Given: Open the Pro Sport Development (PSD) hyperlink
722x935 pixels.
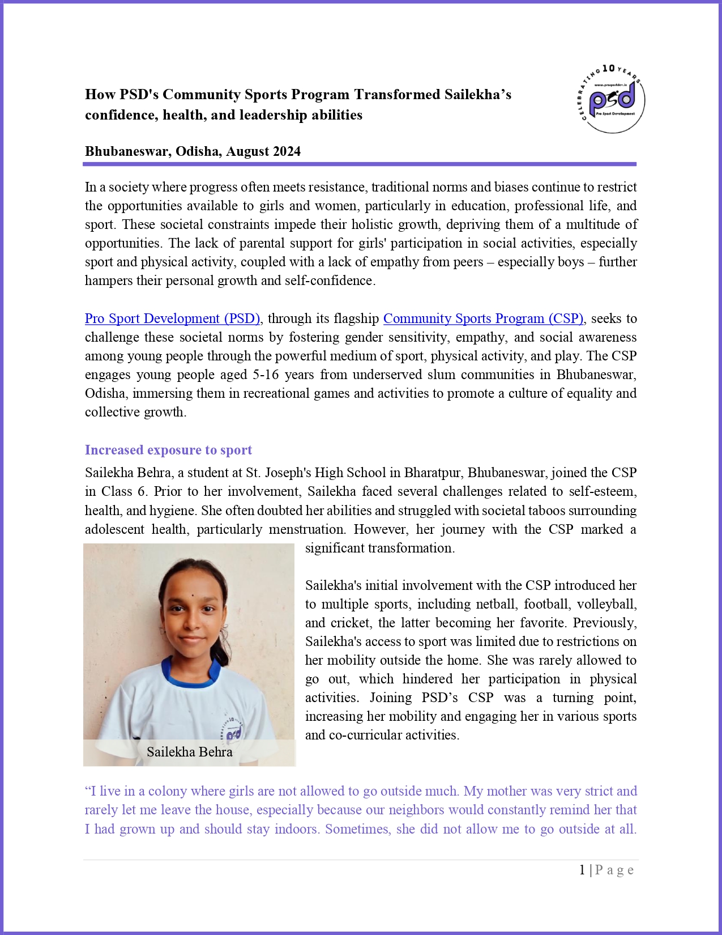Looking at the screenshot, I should click(x=172, y=318).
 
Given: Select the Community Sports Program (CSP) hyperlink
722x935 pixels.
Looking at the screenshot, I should click(x=483, y=318).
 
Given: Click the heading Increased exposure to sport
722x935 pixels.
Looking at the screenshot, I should click(x=168, y=450).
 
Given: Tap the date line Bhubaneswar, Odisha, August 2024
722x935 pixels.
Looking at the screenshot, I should click(x=193, y=151).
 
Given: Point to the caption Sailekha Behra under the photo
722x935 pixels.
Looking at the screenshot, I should click(x=189, y=752).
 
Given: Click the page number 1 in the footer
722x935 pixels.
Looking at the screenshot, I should click(x=582, y=870).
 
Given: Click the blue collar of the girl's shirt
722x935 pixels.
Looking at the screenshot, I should click(x=191, y=674).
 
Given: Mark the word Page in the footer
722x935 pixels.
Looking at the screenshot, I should click(x=614, y=870).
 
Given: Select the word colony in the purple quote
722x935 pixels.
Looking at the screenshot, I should click(x=167, y=791).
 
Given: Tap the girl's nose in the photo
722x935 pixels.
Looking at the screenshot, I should click(x=191, y=623).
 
